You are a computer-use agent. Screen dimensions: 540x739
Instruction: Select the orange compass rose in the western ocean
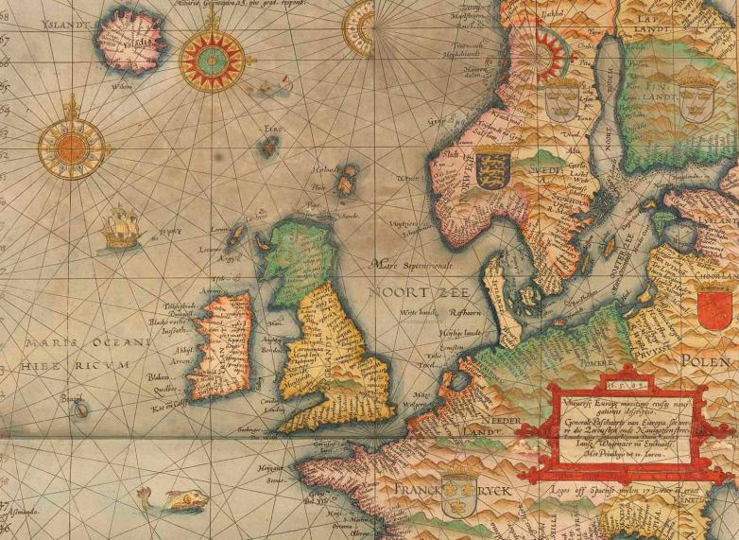[x=72, y=146]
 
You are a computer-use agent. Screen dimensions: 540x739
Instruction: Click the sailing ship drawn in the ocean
[x=120, y=228]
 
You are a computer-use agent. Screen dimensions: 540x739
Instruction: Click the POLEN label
[x=708, y=361]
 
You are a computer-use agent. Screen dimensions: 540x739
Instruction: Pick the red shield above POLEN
[x=713, y=308]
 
